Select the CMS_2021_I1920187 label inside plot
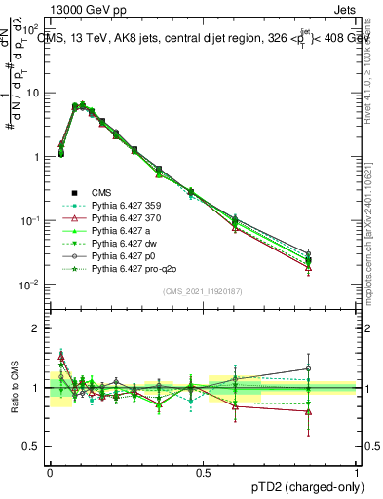point(202,291)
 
